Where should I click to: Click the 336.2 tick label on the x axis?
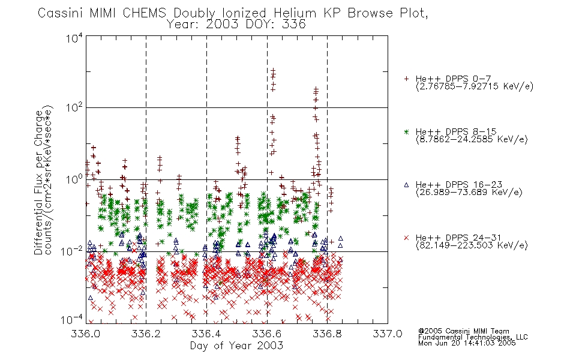click(146, 334)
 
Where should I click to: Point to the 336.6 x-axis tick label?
click(267, 334)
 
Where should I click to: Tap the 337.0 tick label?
click(388, 334)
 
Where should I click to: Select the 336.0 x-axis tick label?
click(86, 334)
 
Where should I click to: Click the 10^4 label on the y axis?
click(74, 38)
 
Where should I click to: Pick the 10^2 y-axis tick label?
click(74, 108)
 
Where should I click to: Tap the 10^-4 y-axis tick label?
click(72, 319)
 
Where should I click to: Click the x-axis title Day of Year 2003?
click(236, 346)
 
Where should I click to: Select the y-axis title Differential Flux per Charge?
click(38, 182)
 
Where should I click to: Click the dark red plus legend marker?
click(406, 79)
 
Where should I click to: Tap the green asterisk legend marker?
click(406, 131)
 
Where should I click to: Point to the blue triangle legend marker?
click(406, 185)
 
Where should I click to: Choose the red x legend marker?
click(406, 238)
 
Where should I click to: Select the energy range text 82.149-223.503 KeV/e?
click(472, 245)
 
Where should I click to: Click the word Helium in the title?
click(295, 13)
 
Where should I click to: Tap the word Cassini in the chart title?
click(61, 13)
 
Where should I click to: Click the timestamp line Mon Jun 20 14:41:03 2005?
click(467, 343)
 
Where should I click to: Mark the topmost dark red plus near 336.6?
click(273, 70)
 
